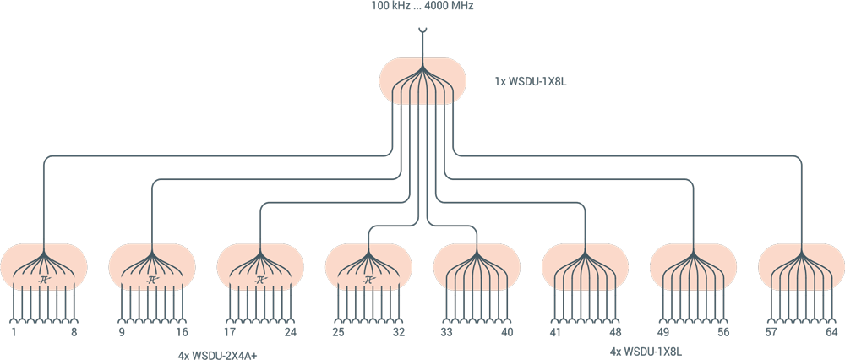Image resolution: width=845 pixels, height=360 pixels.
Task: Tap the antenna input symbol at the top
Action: pos(422,35)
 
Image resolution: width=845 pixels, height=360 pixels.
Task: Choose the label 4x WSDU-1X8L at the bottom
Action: pos(645,350)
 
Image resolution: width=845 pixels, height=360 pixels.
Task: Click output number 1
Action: pos(15,333)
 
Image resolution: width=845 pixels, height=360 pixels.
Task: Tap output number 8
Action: pos(74,333)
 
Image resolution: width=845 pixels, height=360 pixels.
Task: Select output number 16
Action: pos(182,333)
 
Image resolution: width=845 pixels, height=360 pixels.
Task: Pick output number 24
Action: pos(290,333)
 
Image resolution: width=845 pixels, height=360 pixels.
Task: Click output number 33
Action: pos(447,333)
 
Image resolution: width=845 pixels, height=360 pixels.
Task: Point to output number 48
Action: pos(614,333)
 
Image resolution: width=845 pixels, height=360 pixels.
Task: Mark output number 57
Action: pos(771,333)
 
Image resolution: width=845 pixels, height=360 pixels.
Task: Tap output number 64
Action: pos(831,333)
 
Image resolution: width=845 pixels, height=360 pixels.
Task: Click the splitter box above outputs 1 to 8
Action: pos(44,266)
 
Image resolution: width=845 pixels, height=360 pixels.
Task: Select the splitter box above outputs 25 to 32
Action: pos(368,266)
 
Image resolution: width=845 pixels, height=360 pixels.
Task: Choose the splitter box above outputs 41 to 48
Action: pos(585,266)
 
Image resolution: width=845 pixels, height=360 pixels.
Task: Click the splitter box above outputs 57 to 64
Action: pos(801,266)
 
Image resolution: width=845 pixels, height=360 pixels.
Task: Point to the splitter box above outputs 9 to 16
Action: pos(152,266)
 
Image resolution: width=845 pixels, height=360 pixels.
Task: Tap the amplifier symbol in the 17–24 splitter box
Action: pos(260,279)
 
